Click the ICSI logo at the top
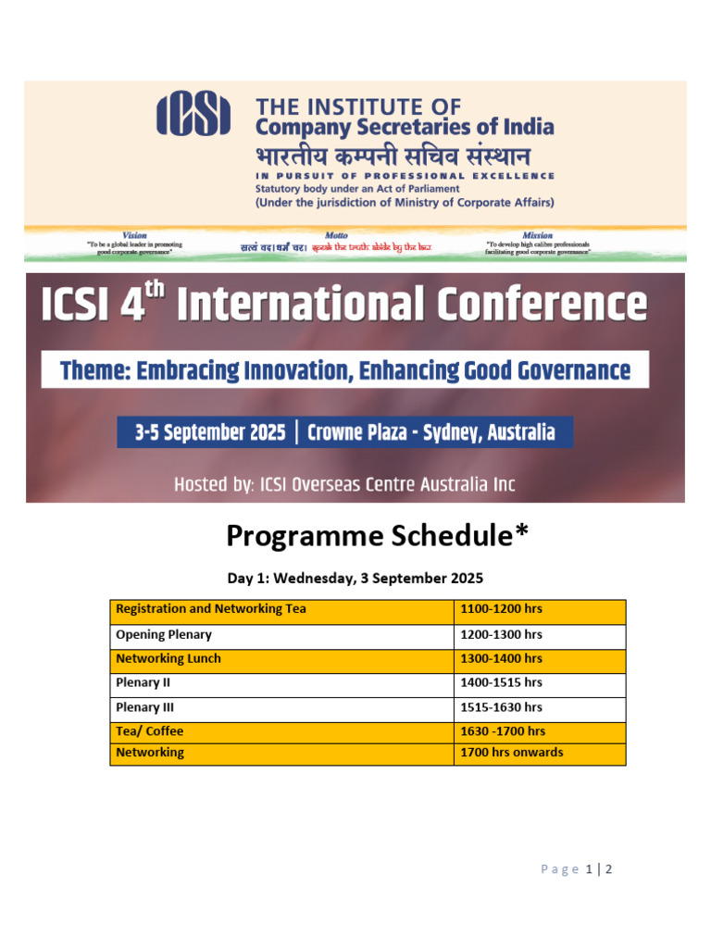point(193,115)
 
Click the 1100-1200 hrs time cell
point(501,610)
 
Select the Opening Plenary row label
point(164,635)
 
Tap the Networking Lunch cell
point(168,659)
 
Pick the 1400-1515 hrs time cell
point(501,683)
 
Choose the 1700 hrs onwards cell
point(511,753)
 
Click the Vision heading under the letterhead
point(134,236)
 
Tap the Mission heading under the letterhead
point(537,236)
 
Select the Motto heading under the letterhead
point(336,236)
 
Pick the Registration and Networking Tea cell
point(211,610)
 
